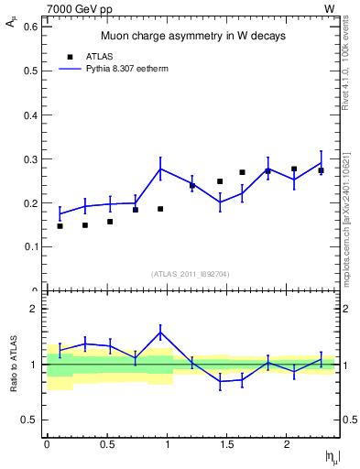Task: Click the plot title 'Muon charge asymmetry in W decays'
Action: (x=192, y=37)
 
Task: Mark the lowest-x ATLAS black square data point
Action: (x=60, y=225)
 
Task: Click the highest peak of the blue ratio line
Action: (x=160, y=332)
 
